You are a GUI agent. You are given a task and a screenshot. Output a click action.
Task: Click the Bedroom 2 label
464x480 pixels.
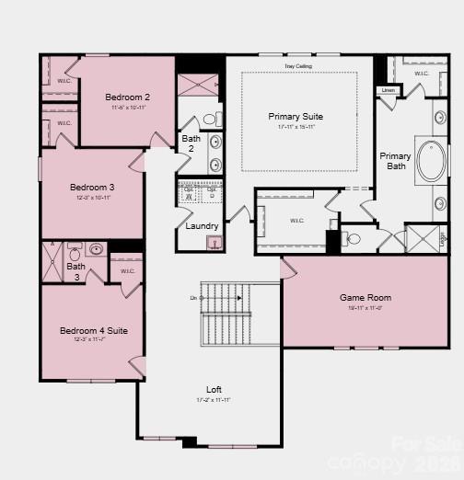[127, 97]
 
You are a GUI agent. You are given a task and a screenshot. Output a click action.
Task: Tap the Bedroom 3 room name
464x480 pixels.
[90, 188]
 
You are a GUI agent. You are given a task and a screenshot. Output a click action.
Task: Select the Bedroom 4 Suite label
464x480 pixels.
[93, 330]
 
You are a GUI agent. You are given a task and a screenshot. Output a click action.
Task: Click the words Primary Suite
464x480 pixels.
[296, 117]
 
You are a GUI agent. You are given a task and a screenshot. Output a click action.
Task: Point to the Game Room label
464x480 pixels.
[365, 297]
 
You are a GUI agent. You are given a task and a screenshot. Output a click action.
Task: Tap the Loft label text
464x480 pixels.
[214, 389]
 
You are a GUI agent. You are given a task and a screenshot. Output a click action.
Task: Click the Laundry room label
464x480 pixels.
[202, 226]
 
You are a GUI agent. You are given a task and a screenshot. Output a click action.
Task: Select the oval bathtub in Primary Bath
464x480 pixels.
[430, 161]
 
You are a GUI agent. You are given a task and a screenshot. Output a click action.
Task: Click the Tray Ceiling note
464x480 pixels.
[297, 67]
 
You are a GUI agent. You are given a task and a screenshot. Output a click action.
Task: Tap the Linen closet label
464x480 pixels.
[388, 90]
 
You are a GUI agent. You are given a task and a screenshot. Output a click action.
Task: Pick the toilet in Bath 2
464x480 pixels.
[208, 120]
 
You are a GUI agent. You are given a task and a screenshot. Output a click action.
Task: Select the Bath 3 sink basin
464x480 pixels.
[95, 249]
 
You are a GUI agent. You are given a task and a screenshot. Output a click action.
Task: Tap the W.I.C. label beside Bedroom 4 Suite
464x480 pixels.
[127, 270]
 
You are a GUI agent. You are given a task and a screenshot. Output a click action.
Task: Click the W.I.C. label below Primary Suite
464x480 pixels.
[296, 221]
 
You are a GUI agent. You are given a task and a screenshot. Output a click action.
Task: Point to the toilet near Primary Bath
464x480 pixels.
[353, 240]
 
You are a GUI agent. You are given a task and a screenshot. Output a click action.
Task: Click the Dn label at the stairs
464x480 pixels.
[194, 298]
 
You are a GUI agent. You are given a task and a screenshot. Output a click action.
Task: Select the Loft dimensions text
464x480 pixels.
[214, 400]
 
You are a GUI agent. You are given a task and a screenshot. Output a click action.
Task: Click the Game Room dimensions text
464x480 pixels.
[365, 308]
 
